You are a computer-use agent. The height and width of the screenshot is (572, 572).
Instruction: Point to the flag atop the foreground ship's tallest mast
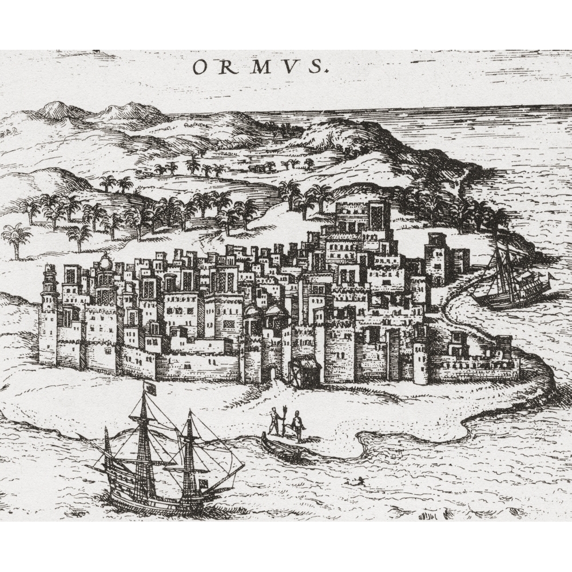tap(152, 388)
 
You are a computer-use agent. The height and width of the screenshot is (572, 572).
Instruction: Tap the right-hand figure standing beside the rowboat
tap(297, 426)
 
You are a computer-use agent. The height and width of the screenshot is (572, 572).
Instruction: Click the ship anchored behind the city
tap(509, 286)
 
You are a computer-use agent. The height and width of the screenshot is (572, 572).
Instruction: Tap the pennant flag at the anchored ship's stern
tap(550, 277)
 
